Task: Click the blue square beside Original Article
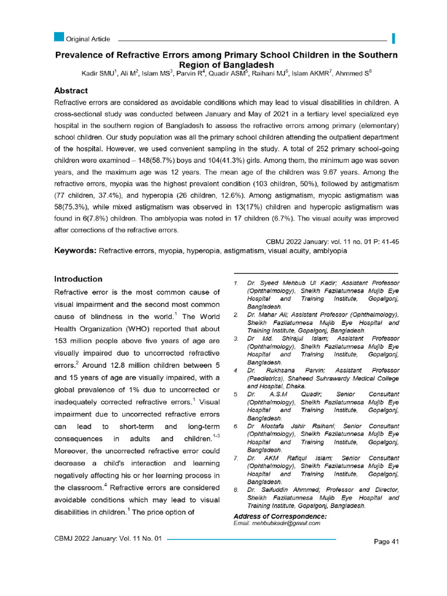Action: (x=59, y=38)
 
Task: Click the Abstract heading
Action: (x=71, y=91)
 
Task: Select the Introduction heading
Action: (x=78, y=279)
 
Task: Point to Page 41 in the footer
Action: (x=386, y=542)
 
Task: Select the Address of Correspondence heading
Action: (x=280, y=516)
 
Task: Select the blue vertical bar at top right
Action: (x=394, y=39)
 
